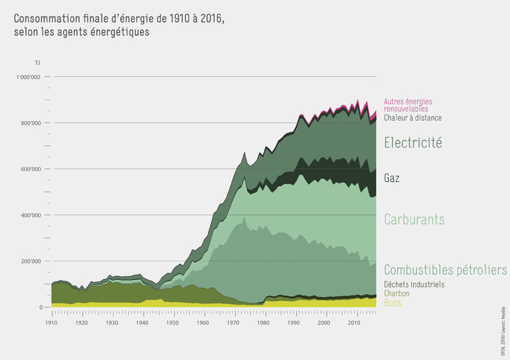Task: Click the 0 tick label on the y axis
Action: coord(41,307)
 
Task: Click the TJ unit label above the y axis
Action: coord(38,62)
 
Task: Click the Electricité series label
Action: coord(413,143)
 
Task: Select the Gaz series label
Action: coord(392,178)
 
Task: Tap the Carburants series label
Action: coord(414,220)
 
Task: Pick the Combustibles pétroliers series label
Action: coord(445,270)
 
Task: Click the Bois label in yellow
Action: coord(392,303)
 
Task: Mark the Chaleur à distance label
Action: coord(412,118)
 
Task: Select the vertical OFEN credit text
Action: coord(502,330)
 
